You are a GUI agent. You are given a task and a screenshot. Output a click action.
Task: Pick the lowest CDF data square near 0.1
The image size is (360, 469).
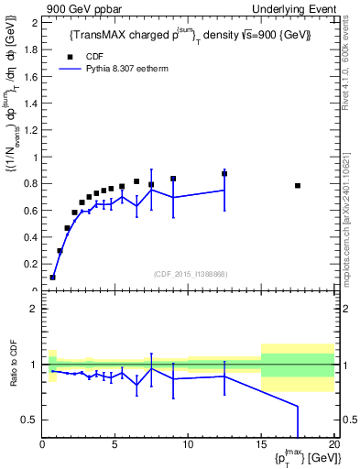tap(53, 277)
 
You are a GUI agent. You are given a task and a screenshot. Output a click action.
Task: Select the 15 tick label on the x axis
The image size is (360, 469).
tap(261, 445)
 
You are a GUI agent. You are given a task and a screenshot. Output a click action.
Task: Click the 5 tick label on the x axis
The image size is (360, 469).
tap(115, 445)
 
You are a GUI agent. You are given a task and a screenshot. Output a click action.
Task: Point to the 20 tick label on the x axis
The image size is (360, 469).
tap(333, 445)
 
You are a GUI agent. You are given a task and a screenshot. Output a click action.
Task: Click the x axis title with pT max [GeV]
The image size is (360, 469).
tap(304, 459)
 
